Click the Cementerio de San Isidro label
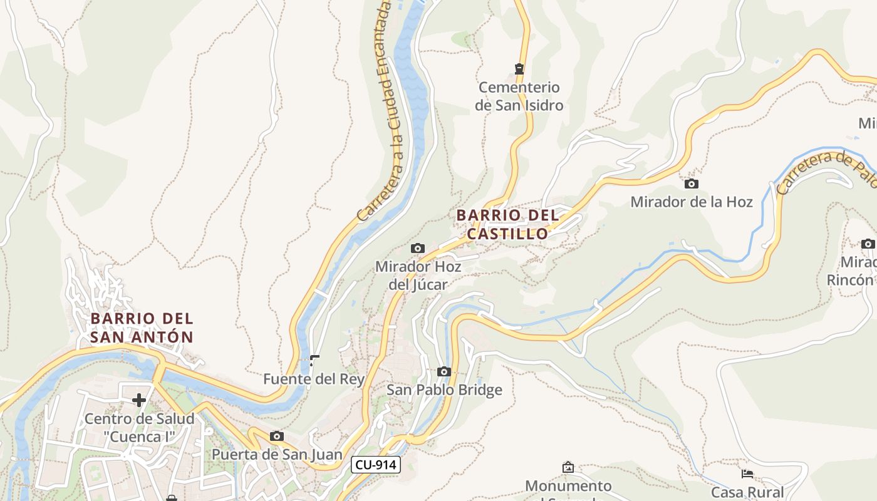[x=519, y=96]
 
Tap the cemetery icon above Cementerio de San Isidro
[x=519, y=68]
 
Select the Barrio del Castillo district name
[x=507, y=224]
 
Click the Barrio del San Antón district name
[x=142, y=328]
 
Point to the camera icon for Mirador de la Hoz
[x=692, y=183]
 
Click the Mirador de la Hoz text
[x=692, y=202]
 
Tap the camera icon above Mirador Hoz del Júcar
[x=418, y=249]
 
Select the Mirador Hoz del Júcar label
[x=418, y=276]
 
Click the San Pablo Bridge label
[x=444, y=390]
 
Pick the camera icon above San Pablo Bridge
[x=444, y=372]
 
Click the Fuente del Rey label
[x=314, y=379]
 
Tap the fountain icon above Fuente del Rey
[x=314, y=361]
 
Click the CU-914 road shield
[x=375, y=464]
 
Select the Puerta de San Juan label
[x=277, y=454]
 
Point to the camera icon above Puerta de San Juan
[x=277, y=436]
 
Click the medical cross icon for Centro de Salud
[x=139, y=400]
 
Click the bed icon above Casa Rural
[x=747, y=474]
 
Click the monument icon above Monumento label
[x=568, y=467]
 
